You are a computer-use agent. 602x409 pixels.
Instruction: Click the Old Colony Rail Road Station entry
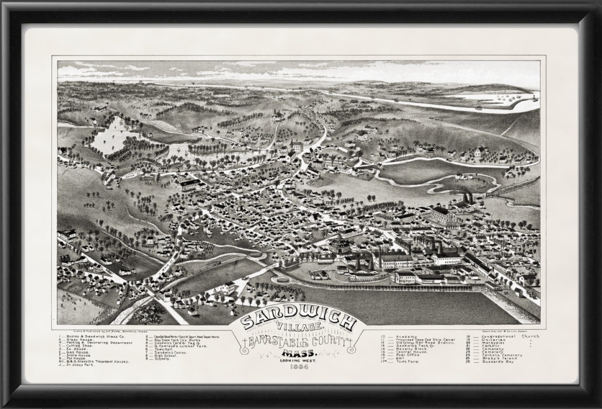430,343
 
